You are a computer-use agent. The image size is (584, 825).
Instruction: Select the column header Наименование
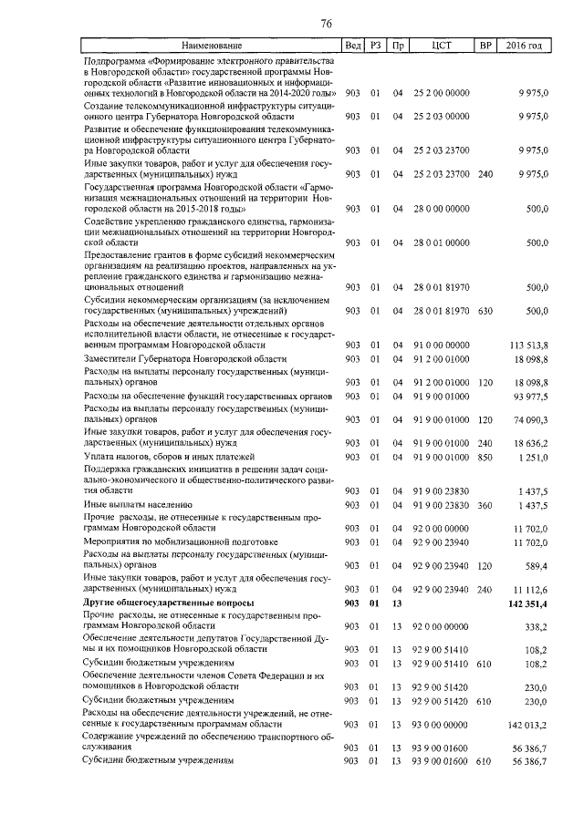tap(210, 45)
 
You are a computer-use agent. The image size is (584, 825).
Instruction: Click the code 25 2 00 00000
tap(442, 93)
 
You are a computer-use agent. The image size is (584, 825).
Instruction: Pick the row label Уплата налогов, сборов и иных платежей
tap(169, 456)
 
